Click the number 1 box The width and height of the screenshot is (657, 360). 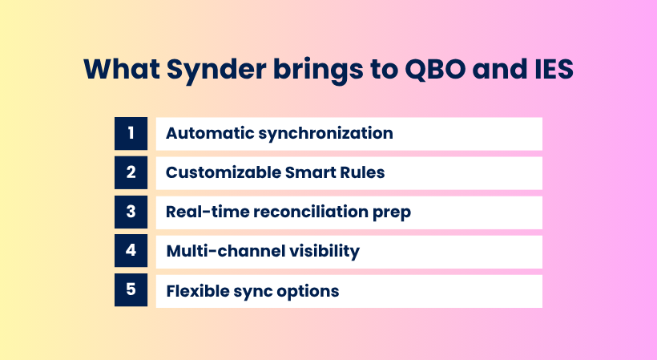coord(131,133)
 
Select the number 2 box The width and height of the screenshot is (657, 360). coord(131,172)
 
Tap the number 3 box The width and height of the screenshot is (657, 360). coord(131,212)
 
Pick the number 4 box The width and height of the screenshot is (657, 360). coord(131,251)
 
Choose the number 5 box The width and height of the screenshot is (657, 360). coord(131,290)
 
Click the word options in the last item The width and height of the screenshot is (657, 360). coord(308,291)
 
